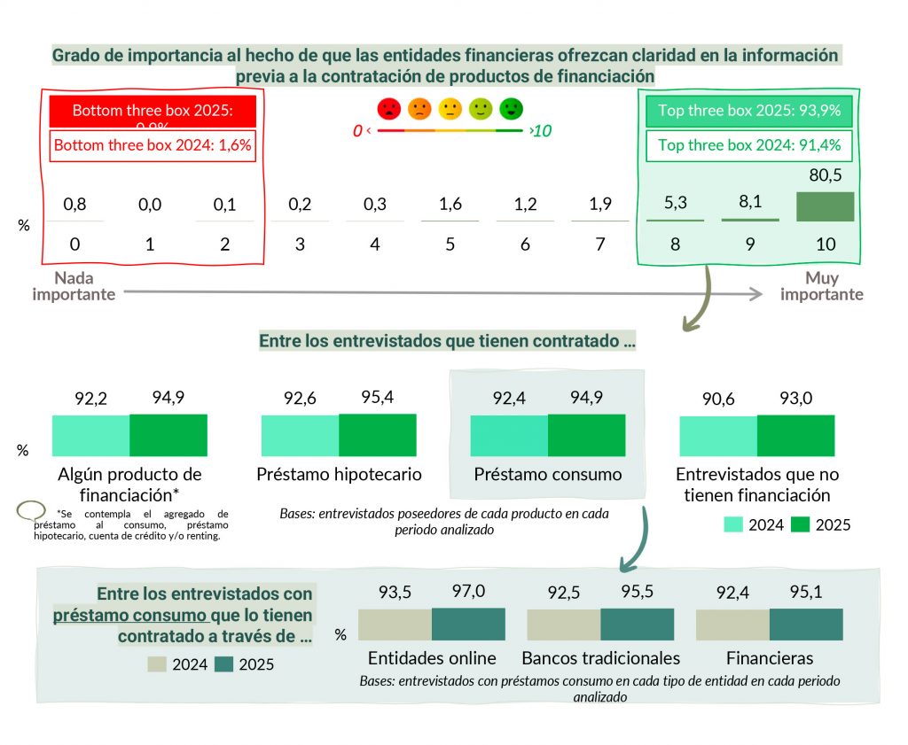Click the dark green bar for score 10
click(825, 206)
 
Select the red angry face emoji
click(389, 109)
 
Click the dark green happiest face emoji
click(512, 109)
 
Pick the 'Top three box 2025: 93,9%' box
click(749, 113)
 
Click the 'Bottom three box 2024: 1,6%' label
click(153, 146)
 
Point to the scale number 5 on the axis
click(450, 244)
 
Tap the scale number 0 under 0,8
click(74, 244)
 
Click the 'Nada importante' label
click(74, 286)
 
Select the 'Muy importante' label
click(821, 286)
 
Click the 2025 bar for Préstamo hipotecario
click(377, 435)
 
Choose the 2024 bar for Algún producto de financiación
click(91, 435)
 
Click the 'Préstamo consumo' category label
click(547, 474)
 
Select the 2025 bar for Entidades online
click(468, 625)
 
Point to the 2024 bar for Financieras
click(732, 625)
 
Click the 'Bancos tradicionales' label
click(600, 658)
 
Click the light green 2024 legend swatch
click(733, 524)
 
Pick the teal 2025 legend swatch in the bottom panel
click(224, 664)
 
